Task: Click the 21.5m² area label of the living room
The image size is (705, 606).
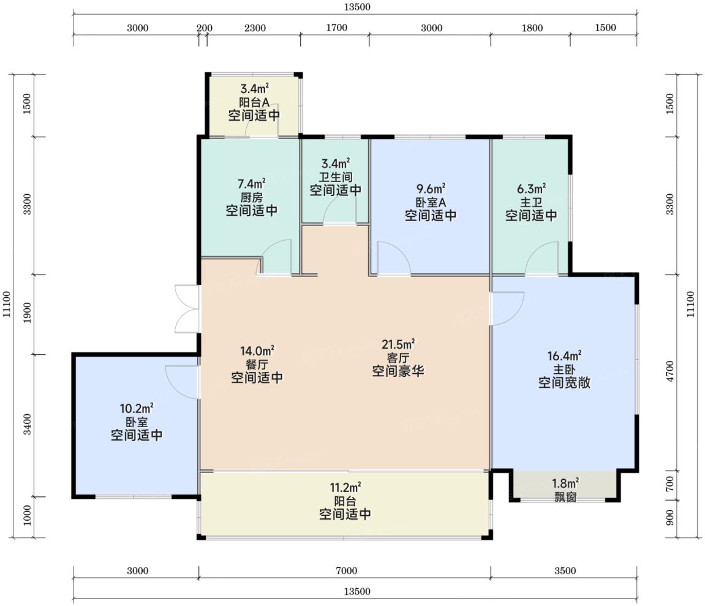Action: pos(398,344)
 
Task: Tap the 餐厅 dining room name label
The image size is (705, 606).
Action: pos(257,364)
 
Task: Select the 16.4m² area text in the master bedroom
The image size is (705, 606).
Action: pos(564,356)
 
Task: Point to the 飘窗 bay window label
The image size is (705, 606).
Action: pos(565,497)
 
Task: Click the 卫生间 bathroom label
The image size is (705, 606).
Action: pos(336,177)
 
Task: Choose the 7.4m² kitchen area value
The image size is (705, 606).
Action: pos(251,184)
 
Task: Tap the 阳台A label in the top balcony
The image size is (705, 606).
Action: pos(254,102)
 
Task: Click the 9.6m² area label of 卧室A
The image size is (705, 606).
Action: pos(431,189)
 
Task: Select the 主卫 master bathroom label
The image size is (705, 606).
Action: pos(531,202)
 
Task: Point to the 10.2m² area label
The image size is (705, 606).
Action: pos(137,409)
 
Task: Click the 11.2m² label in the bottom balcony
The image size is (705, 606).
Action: pos(345,487)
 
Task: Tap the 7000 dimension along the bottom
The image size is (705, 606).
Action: pos(346,570)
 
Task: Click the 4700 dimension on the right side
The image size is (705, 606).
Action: pos(670,371)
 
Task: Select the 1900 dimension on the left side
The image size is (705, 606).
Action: pos(27,313)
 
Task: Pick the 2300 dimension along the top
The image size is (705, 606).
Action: pos(255,28)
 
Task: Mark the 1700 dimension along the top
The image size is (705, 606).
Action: pos(336,28)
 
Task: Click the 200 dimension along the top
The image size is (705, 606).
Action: pos(205,28)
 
